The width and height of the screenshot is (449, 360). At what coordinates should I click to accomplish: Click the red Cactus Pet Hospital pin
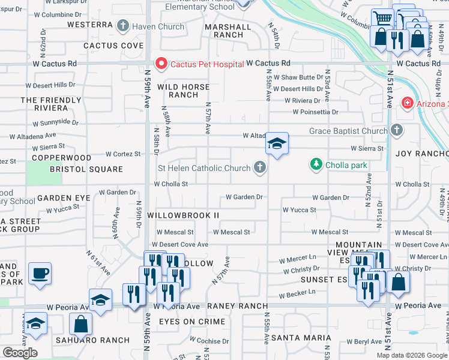tap(161, 63)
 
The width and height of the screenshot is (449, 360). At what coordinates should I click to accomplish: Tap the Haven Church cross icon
tap(123, 26)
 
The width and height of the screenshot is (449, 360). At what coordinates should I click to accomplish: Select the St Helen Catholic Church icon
tap(259, 167)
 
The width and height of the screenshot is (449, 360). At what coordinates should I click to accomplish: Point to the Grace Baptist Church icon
tap(396, 130)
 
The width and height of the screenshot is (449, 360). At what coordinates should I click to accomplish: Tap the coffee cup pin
tap(40, 274)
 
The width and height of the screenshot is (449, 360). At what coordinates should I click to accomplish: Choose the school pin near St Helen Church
tap(277, 144)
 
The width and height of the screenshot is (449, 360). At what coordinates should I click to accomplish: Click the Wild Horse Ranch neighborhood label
tap(184, 91)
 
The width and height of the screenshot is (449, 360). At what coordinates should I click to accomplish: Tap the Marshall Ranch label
tap(228, 31)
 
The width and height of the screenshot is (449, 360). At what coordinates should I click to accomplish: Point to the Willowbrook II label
tap(183, 215)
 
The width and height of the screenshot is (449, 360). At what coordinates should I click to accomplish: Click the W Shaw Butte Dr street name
tap(303, 77)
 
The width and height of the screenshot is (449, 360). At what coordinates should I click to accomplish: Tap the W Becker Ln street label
tap(298, 295)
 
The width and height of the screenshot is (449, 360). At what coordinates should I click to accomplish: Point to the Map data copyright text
tap(412, 355)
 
